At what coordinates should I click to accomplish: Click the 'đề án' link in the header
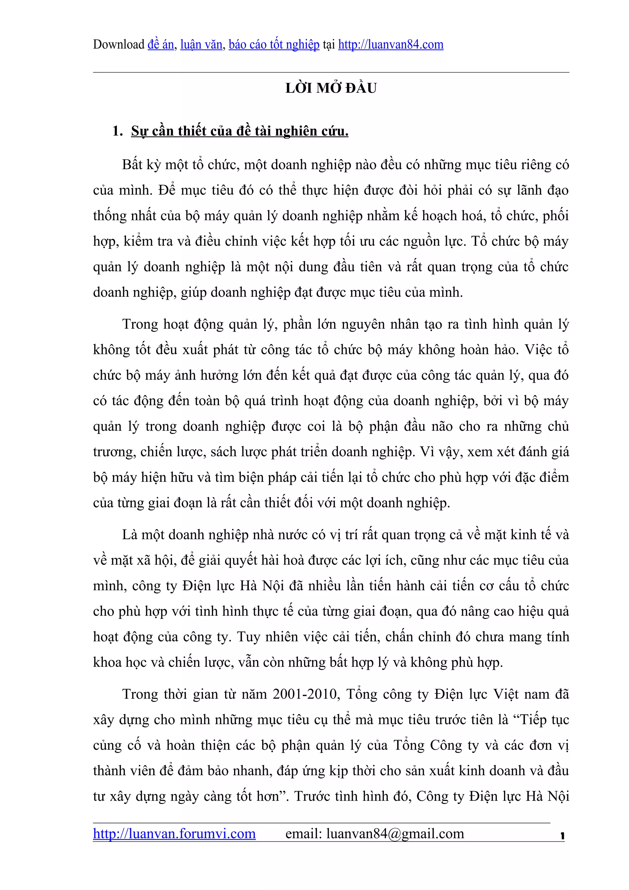click(160, 45)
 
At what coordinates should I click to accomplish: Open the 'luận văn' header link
click(201, 45)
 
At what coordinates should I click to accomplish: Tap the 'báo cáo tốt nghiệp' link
click(274, 45)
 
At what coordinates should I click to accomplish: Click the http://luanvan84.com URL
click(391, 45)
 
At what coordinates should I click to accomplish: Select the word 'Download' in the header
click(119, 45)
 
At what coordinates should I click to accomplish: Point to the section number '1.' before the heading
click(117, 131)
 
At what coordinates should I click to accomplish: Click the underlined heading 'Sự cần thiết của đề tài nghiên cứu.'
click(240, 131)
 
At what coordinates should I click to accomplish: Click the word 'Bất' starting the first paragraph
click(132, 165)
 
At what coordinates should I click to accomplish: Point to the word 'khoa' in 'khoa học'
click(107, 662)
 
